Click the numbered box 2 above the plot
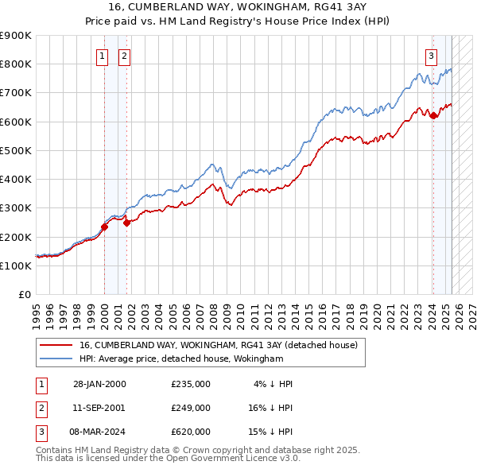click(x=126, y=56)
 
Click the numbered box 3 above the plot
click(x=431, y=56)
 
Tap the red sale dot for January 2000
click(x=104, y=227)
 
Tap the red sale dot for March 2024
click(x=433, y=116)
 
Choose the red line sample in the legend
click(x=56, y=345)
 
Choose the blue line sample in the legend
click(x=56, y=359)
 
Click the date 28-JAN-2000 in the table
click(x=99, y=384)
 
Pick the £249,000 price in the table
click(x=191, y=407)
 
